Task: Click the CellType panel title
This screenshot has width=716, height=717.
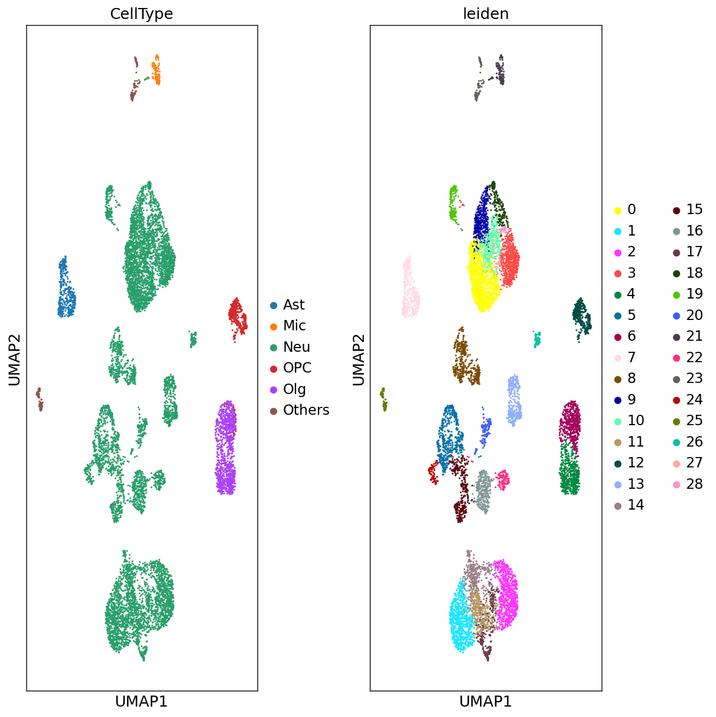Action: click(x=141, y=14)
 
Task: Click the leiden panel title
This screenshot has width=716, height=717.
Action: click(x=485, y=14)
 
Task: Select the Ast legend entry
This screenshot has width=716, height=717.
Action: click(x=293, y=305)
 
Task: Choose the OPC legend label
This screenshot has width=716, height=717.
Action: click(x=297, y=368)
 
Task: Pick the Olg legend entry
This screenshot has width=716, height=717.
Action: click(x=294, y=389)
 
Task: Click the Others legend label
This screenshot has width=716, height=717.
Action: click(x=306, y=410)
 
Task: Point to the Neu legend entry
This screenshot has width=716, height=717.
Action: click(x=297, y=347)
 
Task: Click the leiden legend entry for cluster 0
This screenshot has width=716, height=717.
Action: click(x=631, y=210)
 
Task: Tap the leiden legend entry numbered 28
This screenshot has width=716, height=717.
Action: click(x=694, y=484)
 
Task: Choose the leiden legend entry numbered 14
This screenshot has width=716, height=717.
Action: click(x=635, y=505)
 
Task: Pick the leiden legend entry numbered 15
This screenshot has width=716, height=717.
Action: click(x=694, y=210)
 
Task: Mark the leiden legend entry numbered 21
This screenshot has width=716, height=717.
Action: click(x=694, y=336)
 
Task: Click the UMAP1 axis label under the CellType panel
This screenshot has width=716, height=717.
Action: click(x=141, y=702)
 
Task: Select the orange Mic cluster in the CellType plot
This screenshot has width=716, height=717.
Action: click(x=157, y=70)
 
